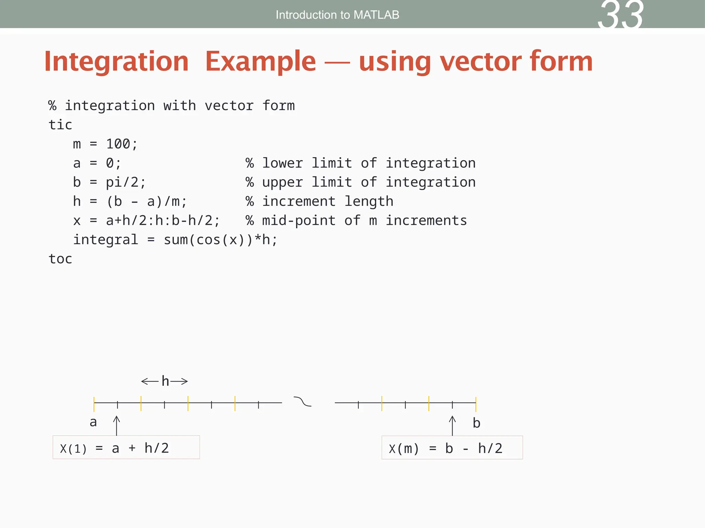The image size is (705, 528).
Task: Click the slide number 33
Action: (620, 15)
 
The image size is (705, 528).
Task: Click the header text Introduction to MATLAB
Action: (337, 15)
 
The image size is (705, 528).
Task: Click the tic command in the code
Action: (60, 125)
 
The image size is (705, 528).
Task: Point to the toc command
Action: (60, 259)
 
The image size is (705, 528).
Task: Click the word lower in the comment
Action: (282, 163)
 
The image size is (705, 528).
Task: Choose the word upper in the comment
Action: (282, 182)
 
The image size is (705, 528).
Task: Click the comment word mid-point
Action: (299, 221)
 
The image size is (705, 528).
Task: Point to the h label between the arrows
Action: (165, 381)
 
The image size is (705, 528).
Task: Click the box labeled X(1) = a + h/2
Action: (126, 447)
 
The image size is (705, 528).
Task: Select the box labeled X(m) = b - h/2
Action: (452, 448)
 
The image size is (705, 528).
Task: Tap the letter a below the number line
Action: (93, 422)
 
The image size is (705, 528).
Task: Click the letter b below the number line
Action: (476, 423)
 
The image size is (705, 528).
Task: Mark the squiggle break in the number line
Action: (303, 401)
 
